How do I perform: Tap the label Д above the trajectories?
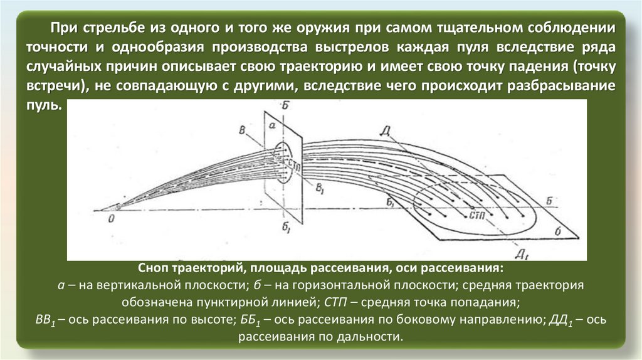pos(386,130)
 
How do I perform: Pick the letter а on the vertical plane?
pos(271,125)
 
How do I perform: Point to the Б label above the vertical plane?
pos(285,108)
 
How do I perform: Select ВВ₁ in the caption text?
pos(46,319)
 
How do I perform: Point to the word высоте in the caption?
pos(213,319)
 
